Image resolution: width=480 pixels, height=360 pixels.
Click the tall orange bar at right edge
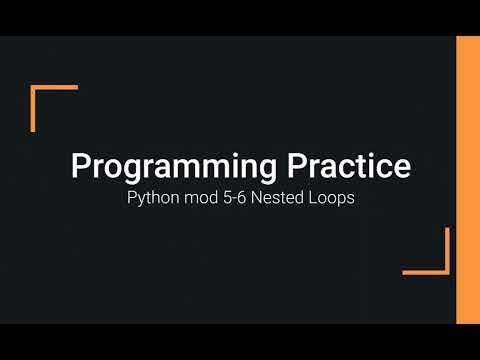pyautogui.click(x=467, y=180)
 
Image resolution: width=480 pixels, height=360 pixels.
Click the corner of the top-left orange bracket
pyautogui.click(x=34, y=88)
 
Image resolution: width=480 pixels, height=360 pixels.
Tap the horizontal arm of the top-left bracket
pyautogui.click(x=56, y=88)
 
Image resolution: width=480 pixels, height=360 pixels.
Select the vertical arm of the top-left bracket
pyautogui.click(x=34, y=110)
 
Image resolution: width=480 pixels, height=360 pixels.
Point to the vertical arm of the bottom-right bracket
pyautogui.click(x=447, y=250)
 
